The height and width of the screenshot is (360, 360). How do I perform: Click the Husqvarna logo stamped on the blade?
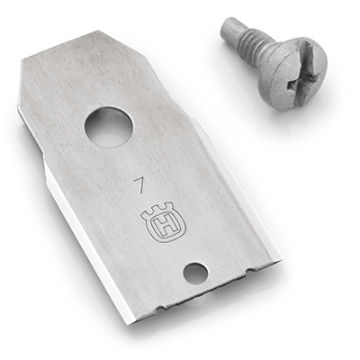[x=160, y=225]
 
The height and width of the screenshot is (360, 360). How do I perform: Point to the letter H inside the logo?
[x=160, y=229]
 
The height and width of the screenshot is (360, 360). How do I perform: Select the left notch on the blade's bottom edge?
[x=160, y=307]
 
